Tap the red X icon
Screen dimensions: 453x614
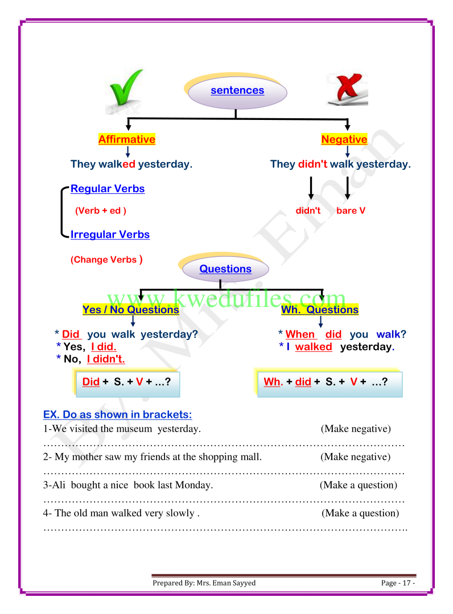(347, 90)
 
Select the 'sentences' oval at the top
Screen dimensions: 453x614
(237, 90)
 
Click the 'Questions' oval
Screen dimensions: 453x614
(225, 269)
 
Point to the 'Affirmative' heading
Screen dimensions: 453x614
(127, 139)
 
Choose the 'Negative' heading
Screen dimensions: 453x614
(344, 139)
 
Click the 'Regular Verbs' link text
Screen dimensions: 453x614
(108, 189)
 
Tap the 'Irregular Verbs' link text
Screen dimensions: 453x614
(110, 234)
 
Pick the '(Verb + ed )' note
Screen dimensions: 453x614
(101, 211)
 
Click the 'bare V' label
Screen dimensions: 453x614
(351, 211)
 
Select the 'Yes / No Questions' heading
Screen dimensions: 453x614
(130, 310)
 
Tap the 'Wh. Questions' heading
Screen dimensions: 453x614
(320, 310)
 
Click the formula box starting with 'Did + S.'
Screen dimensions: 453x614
(127, 382)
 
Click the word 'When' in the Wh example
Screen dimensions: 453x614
(300, 334)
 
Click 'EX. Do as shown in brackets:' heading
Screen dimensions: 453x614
(118, 414)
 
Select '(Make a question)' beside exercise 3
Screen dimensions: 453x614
(359, 485)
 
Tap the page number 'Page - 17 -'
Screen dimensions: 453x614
(398, 583)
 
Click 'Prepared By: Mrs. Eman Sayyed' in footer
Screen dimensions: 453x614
(204, 583)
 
